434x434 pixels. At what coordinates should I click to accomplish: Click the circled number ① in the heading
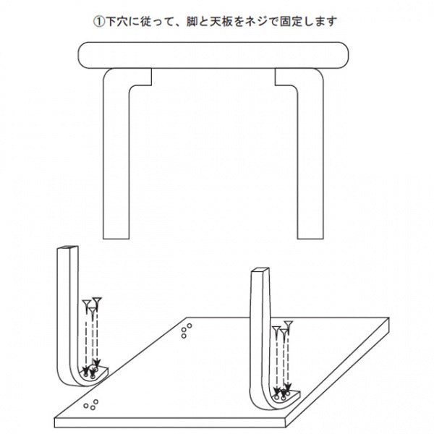click(99, 22)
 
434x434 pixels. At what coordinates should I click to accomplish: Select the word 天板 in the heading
click(221, 22)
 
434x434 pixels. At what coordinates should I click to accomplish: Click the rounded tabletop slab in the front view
click(213, 55)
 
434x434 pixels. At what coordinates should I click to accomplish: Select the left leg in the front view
click(116, 155)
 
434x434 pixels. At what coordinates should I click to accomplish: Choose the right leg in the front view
click(310, 155)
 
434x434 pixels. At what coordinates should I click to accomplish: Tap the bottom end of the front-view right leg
click(310, 239)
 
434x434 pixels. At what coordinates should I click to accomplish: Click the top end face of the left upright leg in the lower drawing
click(68, 247)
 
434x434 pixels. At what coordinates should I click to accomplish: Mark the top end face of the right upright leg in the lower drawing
click(260, 270)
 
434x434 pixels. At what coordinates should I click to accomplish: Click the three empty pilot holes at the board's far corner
click(187, 331)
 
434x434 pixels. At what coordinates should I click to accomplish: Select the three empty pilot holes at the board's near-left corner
click(91, 404)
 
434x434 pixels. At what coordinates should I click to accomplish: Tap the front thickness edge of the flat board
click(170, 422)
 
